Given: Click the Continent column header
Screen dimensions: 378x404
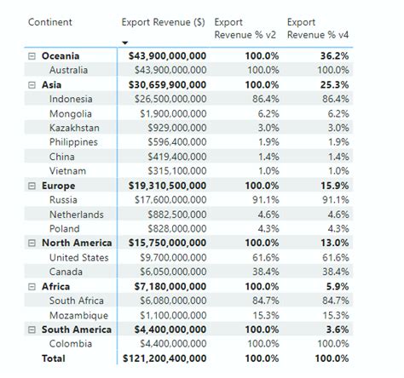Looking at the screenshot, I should click(50, 22).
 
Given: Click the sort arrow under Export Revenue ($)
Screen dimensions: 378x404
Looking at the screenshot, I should click(125, 42).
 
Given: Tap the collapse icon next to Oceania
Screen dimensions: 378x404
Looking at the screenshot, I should click(32, 55).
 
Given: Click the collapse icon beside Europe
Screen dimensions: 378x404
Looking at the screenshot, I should click(32, 186).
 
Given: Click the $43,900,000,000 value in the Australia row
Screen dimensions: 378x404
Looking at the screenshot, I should click(167, 70).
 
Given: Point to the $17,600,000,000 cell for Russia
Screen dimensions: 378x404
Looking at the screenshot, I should click(167, 200).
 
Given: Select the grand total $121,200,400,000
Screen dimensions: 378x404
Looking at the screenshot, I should click(164, 358).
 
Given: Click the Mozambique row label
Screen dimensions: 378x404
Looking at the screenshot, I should click(78, 315).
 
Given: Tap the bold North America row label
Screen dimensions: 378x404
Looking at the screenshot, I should click(77, 243).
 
